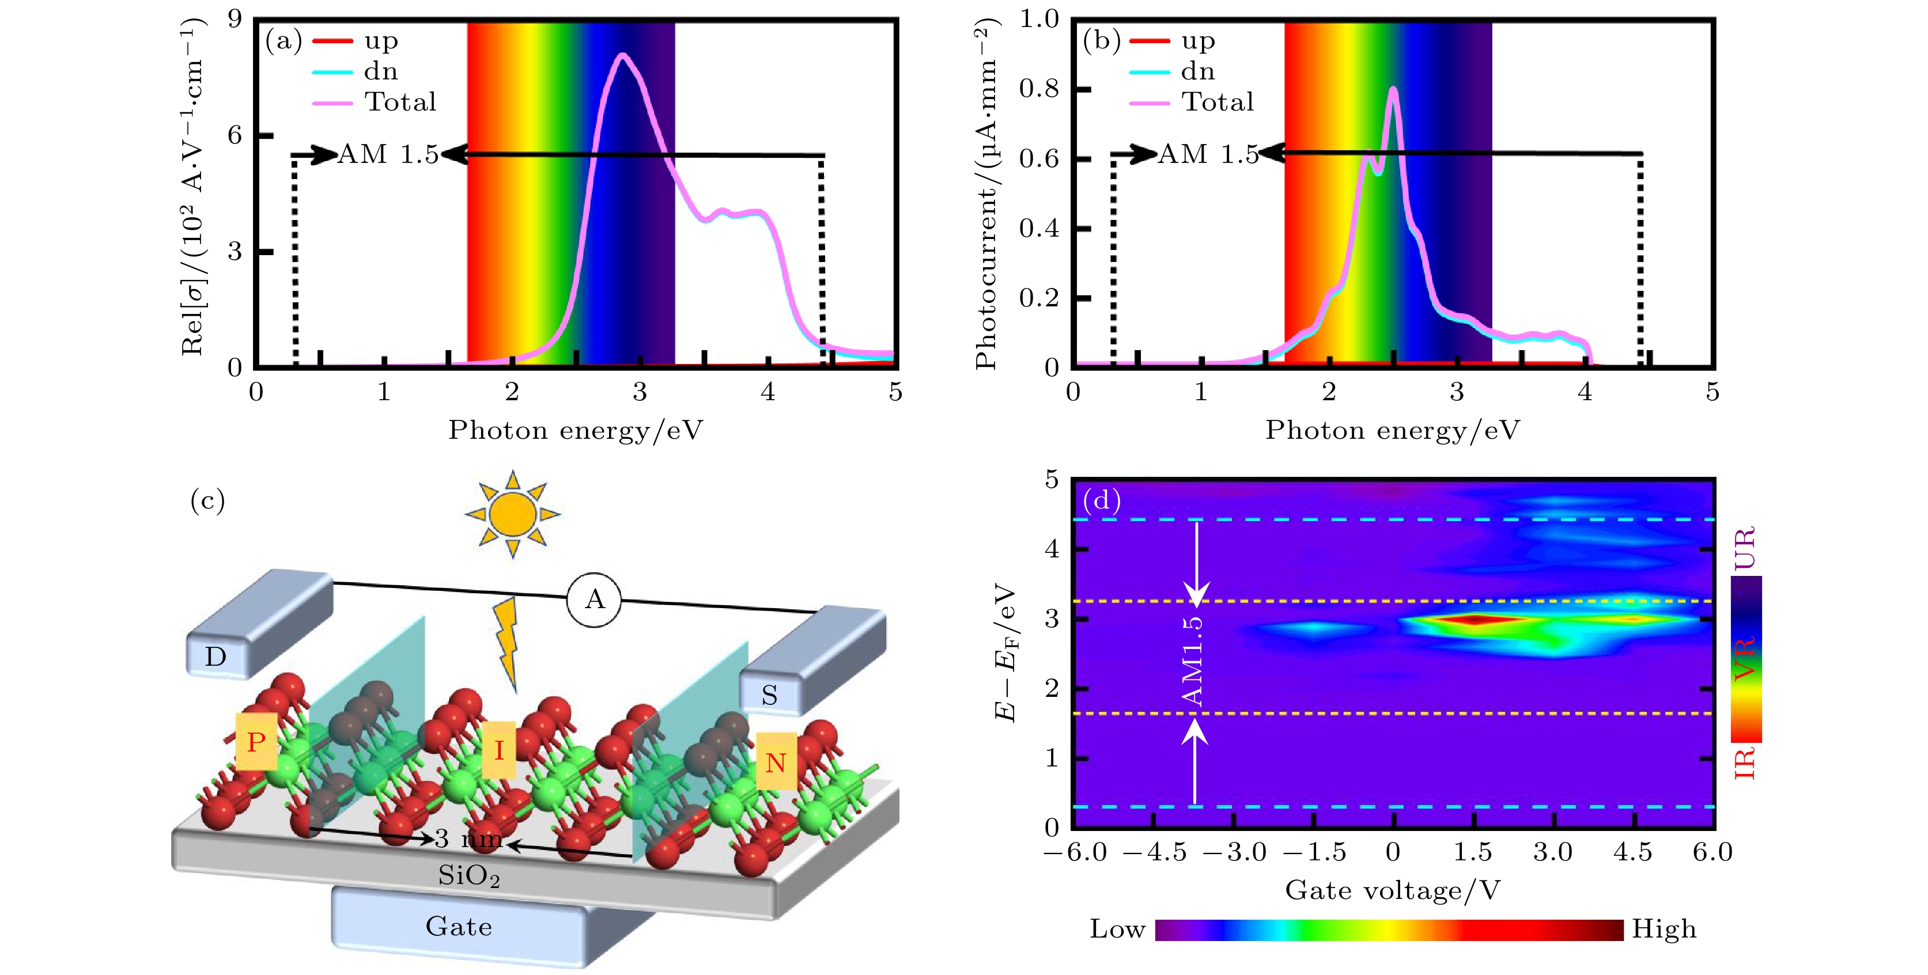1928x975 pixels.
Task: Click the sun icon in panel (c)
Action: coord(513,514)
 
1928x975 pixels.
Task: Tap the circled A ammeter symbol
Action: coord(594,600)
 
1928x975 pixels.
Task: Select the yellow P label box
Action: coord(256,742)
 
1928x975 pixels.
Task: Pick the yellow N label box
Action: coord(776,762)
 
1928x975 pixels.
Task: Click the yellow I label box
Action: coord(498,749)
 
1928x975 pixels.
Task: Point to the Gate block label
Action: coord(459,927)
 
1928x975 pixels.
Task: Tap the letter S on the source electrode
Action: coord(769,695)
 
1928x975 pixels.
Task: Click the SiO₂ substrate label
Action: coord(469,875)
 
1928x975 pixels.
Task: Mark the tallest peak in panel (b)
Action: coord(1393,90)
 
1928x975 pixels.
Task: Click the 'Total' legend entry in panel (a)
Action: coord(400,102)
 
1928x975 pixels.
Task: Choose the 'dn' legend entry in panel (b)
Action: coord(1197,71)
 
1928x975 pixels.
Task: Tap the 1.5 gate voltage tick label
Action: coord(1472,852)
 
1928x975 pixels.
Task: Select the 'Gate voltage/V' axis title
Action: coord(1392,890)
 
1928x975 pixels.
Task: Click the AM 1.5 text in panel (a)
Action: coord(388,154)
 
